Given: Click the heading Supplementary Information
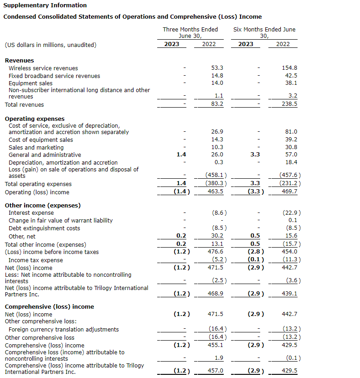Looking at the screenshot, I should [x=45, y=5].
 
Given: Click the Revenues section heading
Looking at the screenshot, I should [x=19, y=60].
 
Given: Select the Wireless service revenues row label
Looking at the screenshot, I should [x=43, y=68].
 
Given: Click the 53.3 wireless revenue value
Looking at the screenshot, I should [x=217, y=68].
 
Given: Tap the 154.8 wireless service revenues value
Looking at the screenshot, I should [x=289, y=68].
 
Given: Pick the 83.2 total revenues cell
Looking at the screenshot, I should [x=217, y=104].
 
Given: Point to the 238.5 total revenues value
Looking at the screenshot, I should [x=289, y=104].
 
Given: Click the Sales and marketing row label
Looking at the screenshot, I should [x=36, y=147].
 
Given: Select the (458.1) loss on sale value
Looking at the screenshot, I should [x=216, y=175].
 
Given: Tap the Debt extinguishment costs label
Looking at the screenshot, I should [x=44, y=228].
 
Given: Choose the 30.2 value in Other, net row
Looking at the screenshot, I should [x=217, y=236].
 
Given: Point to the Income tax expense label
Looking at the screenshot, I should [x=36, y=260].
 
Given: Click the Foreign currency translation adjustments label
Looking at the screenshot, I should [x=64, y=329].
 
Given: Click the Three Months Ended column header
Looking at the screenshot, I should [x=190, y=30].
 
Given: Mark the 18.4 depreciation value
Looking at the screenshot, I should [x=291, y=162].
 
